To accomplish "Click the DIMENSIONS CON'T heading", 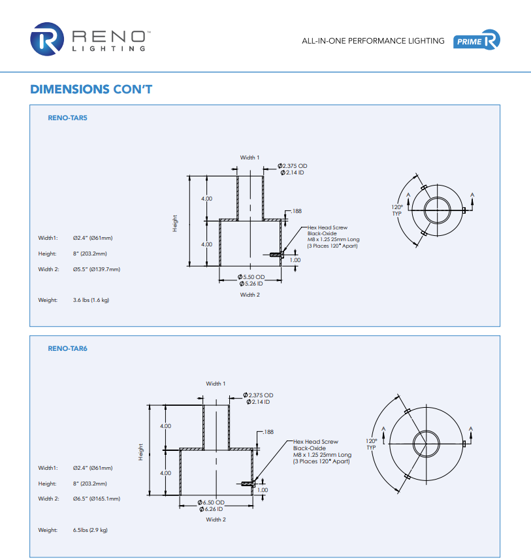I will (91, 90).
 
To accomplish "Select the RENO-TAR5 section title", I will (67, 118).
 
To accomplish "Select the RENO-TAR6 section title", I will (67, 348).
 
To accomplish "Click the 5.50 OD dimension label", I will (251, 278).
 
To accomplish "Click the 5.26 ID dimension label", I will (251, 284).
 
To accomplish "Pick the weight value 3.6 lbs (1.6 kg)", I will (91, 300).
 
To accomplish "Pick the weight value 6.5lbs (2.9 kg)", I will (90, 530).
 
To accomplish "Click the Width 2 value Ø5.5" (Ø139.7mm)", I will (96, 269).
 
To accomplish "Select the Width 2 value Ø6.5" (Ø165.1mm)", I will (96, 499).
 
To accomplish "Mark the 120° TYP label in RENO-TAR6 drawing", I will (372, 444).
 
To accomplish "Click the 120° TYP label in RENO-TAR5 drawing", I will (397, 210).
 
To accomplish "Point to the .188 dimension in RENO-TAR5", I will (296, 211).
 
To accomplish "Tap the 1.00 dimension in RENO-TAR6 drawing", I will (263, 489).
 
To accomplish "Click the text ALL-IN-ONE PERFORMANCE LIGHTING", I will (373, 41).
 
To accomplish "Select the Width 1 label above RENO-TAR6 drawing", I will (216, 384).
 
